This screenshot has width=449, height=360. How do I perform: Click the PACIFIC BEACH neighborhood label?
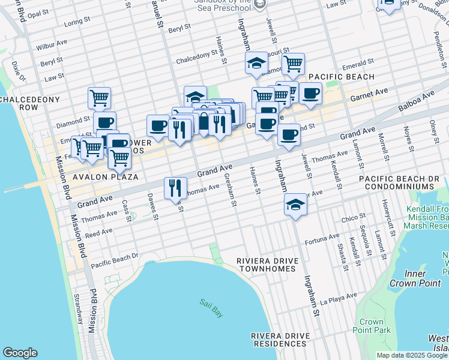pyautogui.click(x=342, y=77)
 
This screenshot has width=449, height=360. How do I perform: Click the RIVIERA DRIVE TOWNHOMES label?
pyautogui.click(x=266, y=265)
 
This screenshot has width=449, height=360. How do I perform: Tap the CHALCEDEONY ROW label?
pyautogui.click(x=28, y=103)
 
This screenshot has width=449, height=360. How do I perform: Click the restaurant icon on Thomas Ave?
pyautogui.click(x=173, y=188)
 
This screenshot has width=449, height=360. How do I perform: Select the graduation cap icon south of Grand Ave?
pyautogui.click(x=295, y=205)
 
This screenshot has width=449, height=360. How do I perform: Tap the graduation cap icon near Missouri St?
pyautogui.click(x=256, y=64)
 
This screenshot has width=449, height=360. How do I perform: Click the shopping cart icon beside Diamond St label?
pyautogui.click(x=99, y=97)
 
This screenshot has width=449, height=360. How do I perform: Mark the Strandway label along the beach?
pyautogui.click(x=78, y=307)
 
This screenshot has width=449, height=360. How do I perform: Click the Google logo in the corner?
pyautogui.click(x=20, y=353)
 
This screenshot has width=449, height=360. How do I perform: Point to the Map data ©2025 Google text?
pyautogui.click(x=412, y=355)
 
